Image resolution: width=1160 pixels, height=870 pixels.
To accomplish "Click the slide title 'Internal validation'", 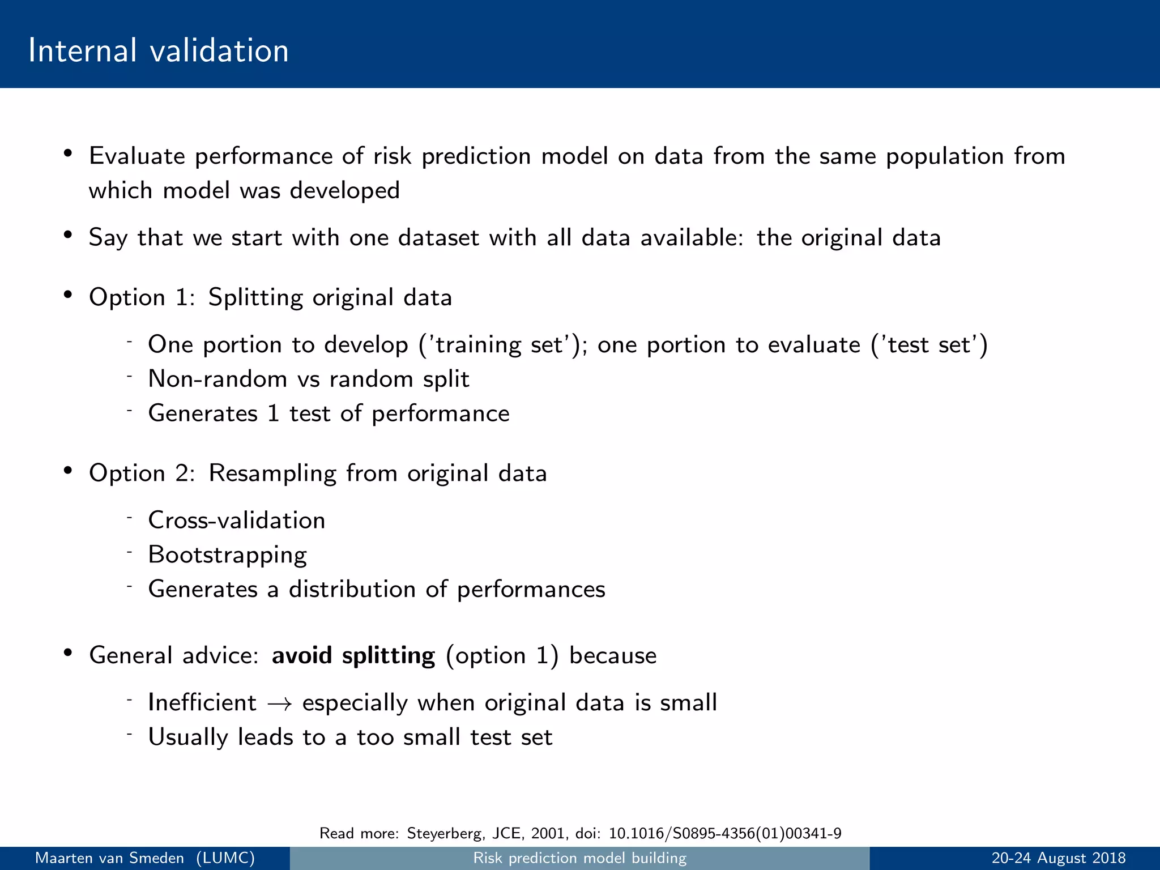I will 158,50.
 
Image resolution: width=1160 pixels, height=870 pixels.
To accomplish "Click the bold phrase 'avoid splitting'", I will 353,655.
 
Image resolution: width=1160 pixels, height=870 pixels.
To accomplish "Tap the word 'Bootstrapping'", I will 227,555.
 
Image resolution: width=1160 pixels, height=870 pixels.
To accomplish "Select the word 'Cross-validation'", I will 236,521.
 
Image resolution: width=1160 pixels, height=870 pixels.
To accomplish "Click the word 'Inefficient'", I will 202,702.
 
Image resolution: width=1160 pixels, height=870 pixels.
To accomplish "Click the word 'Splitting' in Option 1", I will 255,298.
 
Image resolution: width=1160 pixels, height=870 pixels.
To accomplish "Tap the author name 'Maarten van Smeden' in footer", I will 109,858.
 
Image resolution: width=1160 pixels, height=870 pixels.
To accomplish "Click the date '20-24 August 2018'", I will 1058,858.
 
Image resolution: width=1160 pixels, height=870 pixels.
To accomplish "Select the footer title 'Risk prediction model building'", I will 579,858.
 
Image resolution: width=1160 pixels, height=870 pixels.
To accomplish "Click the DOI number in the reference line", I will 724,833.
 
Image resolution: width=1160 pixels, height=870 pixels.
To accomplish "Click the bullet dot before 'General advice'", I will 68,653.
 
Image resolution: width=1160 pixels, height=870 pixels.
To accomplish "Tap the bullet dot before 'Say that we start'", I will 68,236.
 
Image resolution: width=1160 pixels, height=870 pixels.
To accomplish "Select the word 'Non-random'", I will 217,379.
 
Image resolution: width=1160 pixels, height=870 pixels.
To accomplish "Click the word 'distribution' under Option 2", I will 352,589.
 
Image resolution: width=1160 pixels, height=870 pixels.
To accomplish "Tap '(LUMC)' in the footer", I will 225,858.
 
